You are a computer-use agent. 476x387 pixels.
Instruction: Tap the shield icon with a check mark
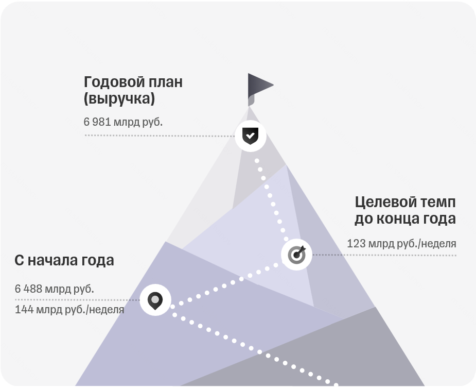pyautogui.click(x=250, y=136)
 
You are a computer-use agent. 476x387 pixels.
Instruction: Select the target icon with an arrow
pyautogui.click(x=296, y=255)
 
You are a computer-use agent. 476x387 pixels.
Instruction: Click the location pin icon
pyautogui.click(x=155, y=300)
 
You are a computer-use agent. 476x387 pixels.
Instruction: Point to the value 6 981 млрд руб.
pyautogui.click(x=124, y=122)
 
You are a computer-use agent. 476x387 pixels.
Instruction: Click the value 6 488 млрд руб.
pyautogui.click(x=55, y=289)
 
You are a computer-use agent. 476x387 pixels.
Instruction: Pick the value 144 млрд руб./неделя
pyautogui.click(x=69, y=310)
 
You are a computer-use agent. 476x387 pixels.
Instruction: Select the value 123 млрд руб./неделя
pyautogui.click(x=401, y=244)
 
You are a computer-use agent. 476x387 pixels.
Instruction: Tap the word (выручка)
pyautogui.click(x=119, y=99)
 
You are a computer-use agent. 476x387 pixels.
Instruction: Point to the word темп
pyautogui.click(x=439, y=203)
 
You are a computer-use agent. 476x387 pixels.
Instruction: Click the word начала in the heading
pyautogui.click(x=53, y=261)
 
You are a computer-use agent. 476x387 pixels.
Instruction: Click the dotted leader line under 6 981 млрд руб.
pyautogui.click(x=160, y=136)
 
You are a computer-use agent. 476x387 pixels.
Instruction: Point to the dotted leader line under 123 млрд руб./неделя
pyautogui.click(x=384, y=255)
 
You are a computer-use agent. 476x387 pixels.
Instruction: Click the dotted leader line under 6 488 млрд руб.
pyautogui.click(x=77, y=300)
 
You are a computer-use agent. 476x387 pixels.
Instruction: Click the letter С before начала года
pyautogui.click(x=19, y=261)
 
